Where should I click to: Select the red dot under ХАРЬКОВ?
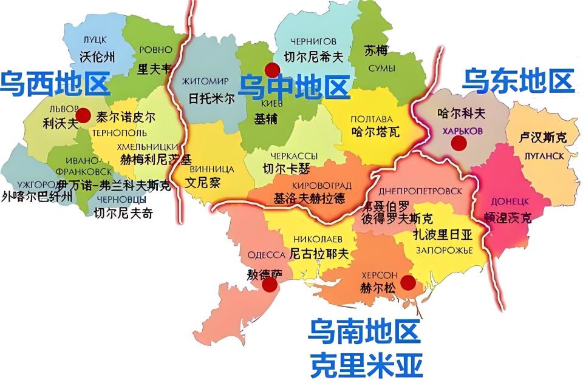[x=459, y=143]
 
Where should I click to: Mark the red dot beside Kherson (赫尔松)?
[x=407, y=282]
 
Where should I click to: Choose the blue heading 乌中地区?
[x=294, y=87]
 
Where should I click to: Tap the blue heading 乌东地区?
[x=519, y=81]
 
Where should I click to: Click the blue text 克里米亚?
[x=364, y=365]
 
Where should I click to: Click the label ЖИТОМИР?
[x=205, y=81]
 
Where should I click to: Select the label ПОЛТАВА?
[x=372, y=118]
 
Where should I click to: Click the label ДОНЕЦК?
[x=508, y=201]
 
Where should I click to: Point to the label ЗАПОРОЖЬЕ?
[x=444, y=250]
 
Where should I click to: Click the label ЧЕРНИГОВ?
[x=313, y=41]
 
